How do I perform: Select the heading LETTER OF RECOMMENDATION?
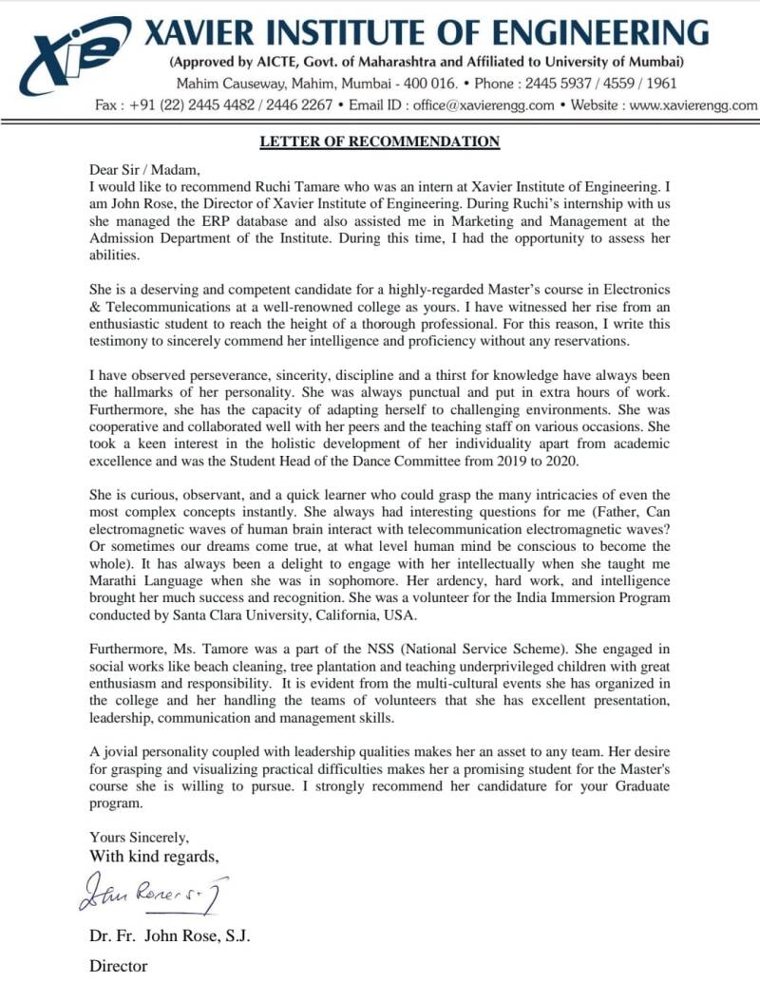[x=380, y=142]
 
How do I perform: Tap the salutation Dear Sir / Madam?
[x=140, y=170]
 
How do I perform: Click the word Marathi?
[x=115, y=580]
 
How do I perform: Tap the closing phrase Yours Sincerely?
[x=139, y=838]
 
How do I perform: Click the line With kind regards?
[x=154, y=857]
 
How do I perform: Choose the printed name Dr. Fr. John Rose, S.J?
[x=169, y=936]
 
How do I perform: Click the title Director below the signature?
[x=119, y=967]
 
